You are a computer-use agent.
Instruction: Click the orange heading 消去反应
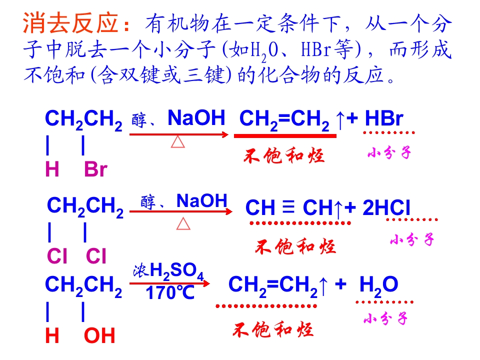point(70,23)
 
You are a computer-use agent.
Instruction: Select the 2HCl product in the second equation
point(386,207)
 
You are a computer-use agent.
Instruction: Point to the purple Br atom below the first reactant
point(95,169)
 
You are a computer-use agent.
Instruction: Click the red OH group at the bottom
point(99,335)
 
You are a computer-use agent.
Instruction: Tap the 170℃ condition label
point(170,292)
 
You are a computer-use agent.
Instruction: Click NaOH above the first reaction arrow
point(196,117)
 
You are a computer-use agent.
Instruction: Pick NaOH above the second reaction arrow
point(201,201)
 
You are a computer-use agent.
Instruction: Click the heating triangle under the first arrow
point(178,142)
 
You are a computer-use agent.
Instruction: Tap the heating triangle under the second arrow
point(183,223)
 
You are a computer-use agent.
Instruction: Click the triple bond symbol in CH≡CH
point(288,206)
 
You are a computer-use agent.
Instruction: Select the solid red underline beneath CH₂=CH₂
point(285,136)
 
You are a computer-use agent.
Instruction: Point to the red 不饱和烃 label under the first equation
point(284,155)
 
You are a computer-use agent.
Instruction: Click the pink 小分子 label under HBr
point(389,152)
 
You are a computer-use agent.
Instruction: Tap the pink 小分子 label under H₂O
point(385,318)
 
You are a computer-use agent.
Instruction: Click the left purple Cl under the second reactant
point(57,256)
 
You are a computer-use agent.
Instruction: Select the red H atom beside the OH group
point(52,335)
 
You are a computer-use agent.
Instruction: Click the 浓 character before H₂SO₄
point(141,271)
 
